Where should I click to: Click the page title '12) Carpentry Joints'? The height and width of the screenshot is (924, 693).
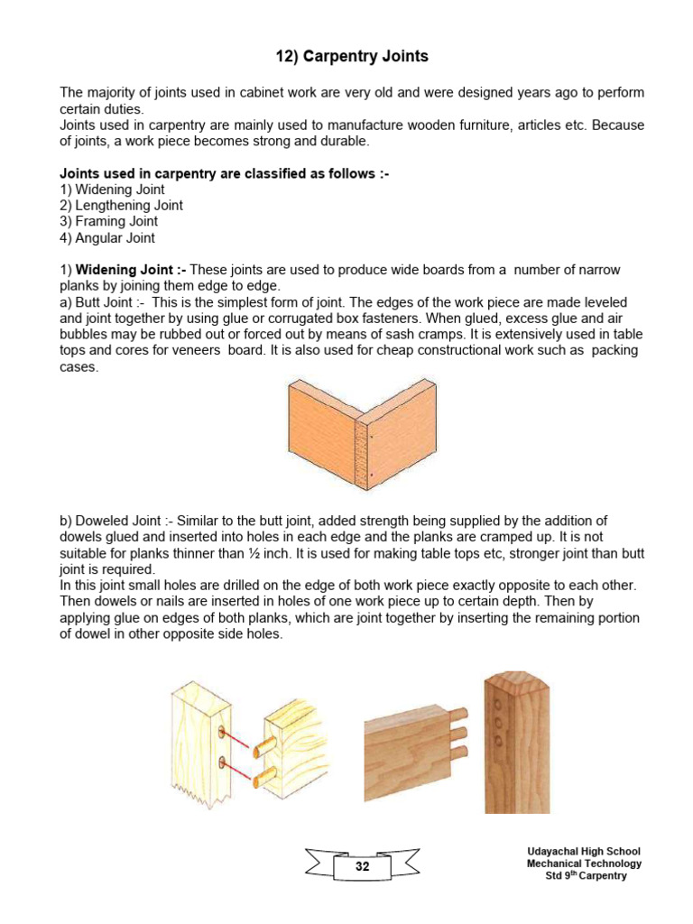(351, 57)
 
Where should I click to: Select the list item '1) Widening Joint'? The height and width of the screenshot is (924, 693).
(112, 189)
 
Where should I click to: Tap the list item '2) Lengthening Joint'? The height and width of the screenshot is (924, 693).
(121, 205)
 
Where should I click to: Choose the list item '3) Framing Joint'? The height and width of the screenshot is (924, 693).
(108, 221)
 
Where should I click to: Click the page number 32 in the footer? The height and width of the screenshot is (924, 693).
(362, 866)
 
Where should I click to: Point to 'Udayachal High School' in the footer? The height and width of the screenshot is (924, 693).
(584, 851)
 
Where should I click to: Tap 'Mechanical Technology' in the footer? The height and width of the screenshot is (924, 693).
(584, 864)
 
